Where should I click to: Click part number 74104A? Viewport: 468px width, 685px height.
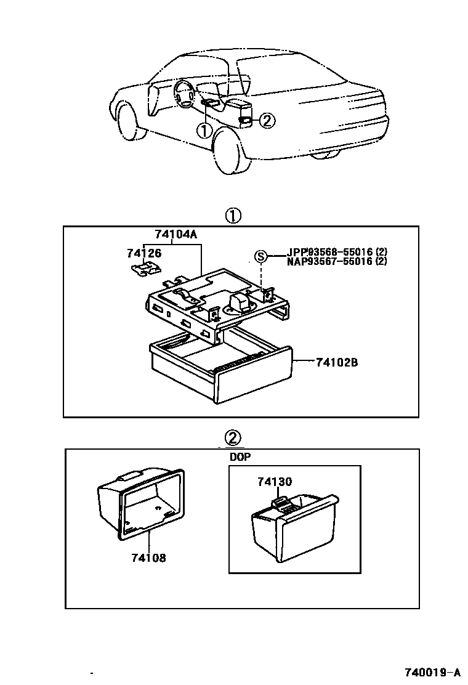point(175,235)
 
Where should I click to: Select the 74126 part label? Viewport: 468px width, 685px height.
point(144,253)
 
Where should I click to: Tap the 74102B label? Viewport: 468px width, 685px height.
point(337,363)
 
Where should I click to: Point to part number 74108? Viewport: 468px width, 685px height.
point(148,558)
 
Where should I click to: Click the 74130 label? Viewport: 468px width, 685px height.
point(275,482)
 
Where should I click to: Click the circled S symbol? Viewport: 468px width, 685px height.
point(260,256)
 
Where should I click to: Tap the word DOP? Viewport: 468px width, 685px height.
point(240,457)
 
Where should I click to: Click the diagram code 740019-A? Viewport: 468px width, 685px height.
point(432,671)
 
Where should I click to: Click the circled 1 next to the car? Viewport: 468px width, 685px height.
point(204,130)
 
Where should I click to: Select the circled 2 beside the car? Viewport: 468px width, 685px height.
point(267,120)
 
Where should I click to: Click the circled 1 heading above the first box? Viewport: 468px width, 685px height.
point(233,216)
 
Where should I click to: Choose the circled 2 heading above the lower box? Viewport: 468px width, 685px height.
point(233,437)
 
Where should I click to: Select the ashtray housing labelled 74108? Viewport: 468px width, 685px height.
point(140,504)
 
